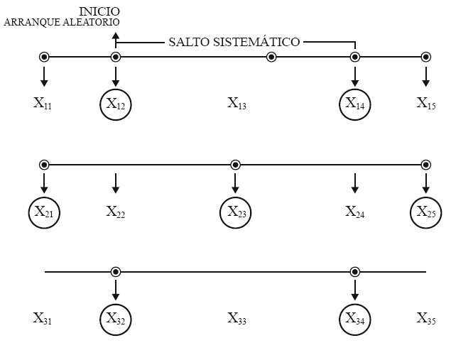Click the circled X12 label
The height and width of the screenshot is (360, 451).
click(116, 104)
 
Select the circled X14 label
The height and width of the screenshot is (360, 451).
click(355, 104)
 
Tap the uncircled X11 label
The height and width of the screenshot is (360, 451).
click(43, 104)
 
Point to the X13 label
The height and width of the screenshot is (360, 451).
click(237, 104)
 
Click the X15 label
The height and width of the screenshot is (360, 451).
click(426, 104)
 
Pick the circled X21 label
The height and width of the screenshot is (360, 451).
click(44, 212)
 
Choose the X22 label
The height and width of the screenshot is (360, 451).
click(116, 212)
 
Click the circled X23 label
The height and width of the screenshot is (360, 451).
click(236, 212)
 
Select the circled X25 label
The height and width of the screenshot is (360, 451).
click(426, 212)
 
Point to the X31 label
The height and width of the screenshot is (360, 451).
click(43, 319)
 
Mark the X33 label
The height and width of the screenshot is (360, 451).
click(237, 319)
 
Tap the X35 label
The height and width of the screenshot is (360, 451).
click(426, 319)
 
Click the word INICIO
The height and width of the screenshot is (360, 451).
click(99, 11)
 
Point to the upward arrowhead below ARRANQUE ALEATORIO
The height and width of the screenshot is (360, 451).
click(116, 36)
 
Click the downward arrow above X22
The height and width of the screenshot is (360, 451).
click(116, 184)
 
